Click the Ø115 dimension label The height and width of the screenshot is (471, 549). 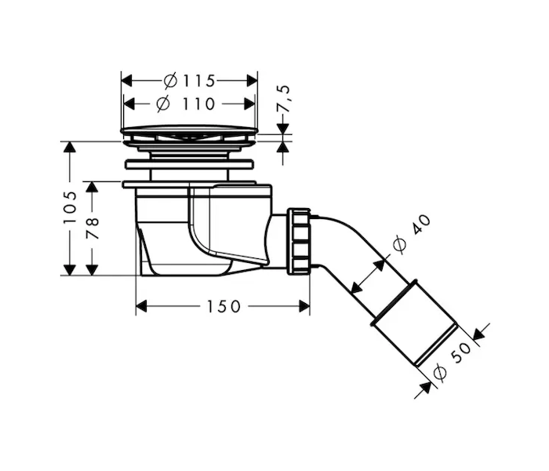pos(189,81)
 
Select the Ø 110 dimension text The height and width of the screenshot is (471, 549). pos(186,104)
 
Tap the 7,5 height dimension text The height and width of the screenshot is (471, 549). pos(284,98)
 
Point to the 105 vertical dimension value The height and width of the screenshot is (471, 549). pos(70,208)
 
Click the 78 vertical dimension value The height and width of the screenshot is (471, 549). pos(93,228)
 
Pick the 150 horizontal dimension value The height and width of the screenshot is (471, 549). pos(224,306)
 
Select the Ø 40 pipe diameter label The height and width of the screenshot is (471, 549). pos(412,233)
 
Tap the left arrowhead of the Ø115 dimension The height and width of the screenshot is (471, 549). pos(126,81)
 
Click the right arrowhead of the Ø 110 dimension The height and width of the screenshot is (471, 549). pos(249,104)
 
